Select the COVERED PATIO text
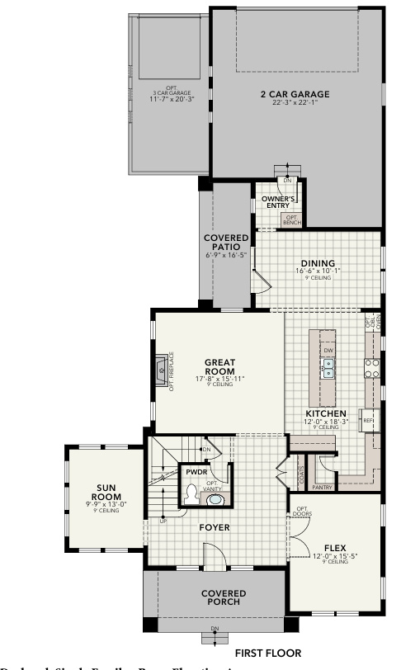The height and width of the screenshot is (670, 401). click(225, 243)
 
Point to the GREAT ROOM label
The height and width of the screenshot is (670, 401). click(219, 366)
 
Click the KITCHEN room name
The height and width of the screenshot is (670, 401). click(326, 413)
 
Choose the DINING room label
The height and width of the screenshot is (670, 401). click(317, 263)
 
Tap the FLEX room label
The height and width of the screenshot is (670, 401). click(334, 546)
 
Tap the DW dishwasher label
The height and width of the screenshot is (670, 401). click(328, 351)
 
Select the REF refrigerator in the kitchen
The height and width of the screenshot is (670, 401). click(369, 420)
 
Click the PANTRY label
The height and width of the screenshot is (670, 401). click(323, 487)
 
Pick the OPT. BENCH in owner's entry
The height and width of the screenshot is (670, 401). click(292, 219)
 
